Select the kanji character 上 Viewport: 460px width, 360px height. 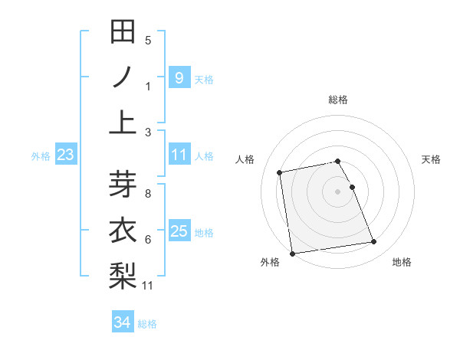tap(123, 123)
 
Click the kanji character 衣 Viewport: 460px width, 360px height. tap(123, 231)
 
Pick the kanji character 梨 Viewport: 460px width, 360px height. tap(123, 275)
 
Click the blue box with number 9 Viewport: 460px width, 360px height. tap(179, 77)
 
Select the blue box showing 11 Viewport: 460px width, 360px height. tap(179, 155)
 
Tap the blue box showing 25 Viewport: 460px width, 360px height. tap(179, 231)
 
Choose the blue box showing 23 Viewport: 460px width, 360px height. tap(66, 155)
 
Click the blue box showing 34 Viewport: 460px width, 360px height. tap(122, 322)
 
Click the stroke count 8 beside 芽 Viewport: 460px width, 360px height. tap(148, 193)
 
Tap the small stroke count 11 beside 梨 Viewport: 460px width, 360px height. tap(148, 286)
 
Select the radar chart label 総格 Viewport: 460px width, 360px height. tap(337, 100)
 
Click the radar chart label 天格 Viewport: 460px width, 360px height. tap(431, 159)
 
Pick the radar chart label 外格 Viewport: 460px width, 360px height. tap(270, 263)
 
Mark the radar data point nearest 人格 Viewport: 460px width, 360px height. tap(281, 172)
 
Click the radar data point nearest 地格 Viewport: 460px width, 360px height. tap(373, 242)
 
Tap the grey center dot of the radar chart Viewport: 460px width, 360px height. tap(337, 191)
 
